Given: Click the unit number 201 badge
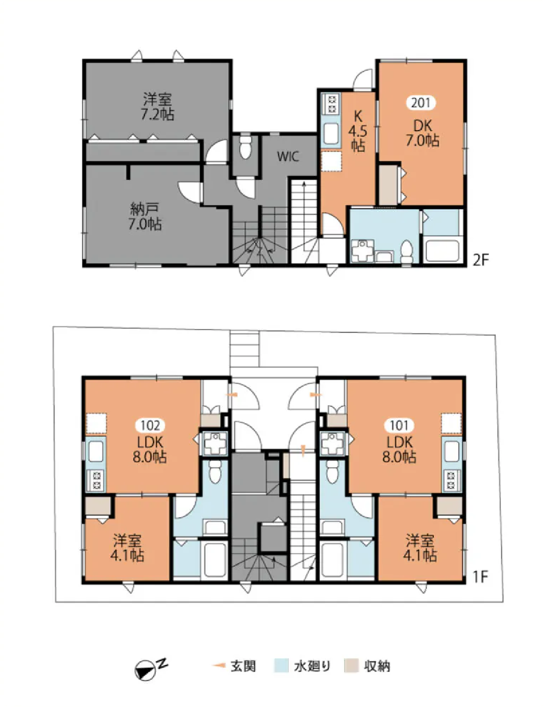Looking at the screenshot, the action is click(x=421, y=103).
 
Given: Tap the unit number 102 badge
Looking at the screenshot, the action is click(x=150, y=425).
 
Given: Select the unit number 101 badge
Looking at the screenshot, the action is click(x=399, y=425).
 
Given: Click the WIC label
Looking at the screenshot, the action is click(x=288, y=157).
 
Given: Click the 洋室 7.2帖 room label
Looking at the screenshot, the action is click(x=157, y=106).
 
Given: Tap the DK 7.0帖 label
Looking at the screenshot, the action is click(x=423, y=133).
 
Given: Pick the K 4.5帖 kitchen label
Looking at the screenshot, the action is click(x=358, y=131).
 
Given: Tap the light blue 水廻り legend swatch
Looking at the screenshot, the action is click(x=281, y=666).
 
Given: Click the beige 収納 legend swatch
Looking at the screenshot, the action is click(x=352, y=666).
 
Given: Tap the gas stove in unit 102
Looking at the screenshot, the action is click(x=96, y=481).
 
